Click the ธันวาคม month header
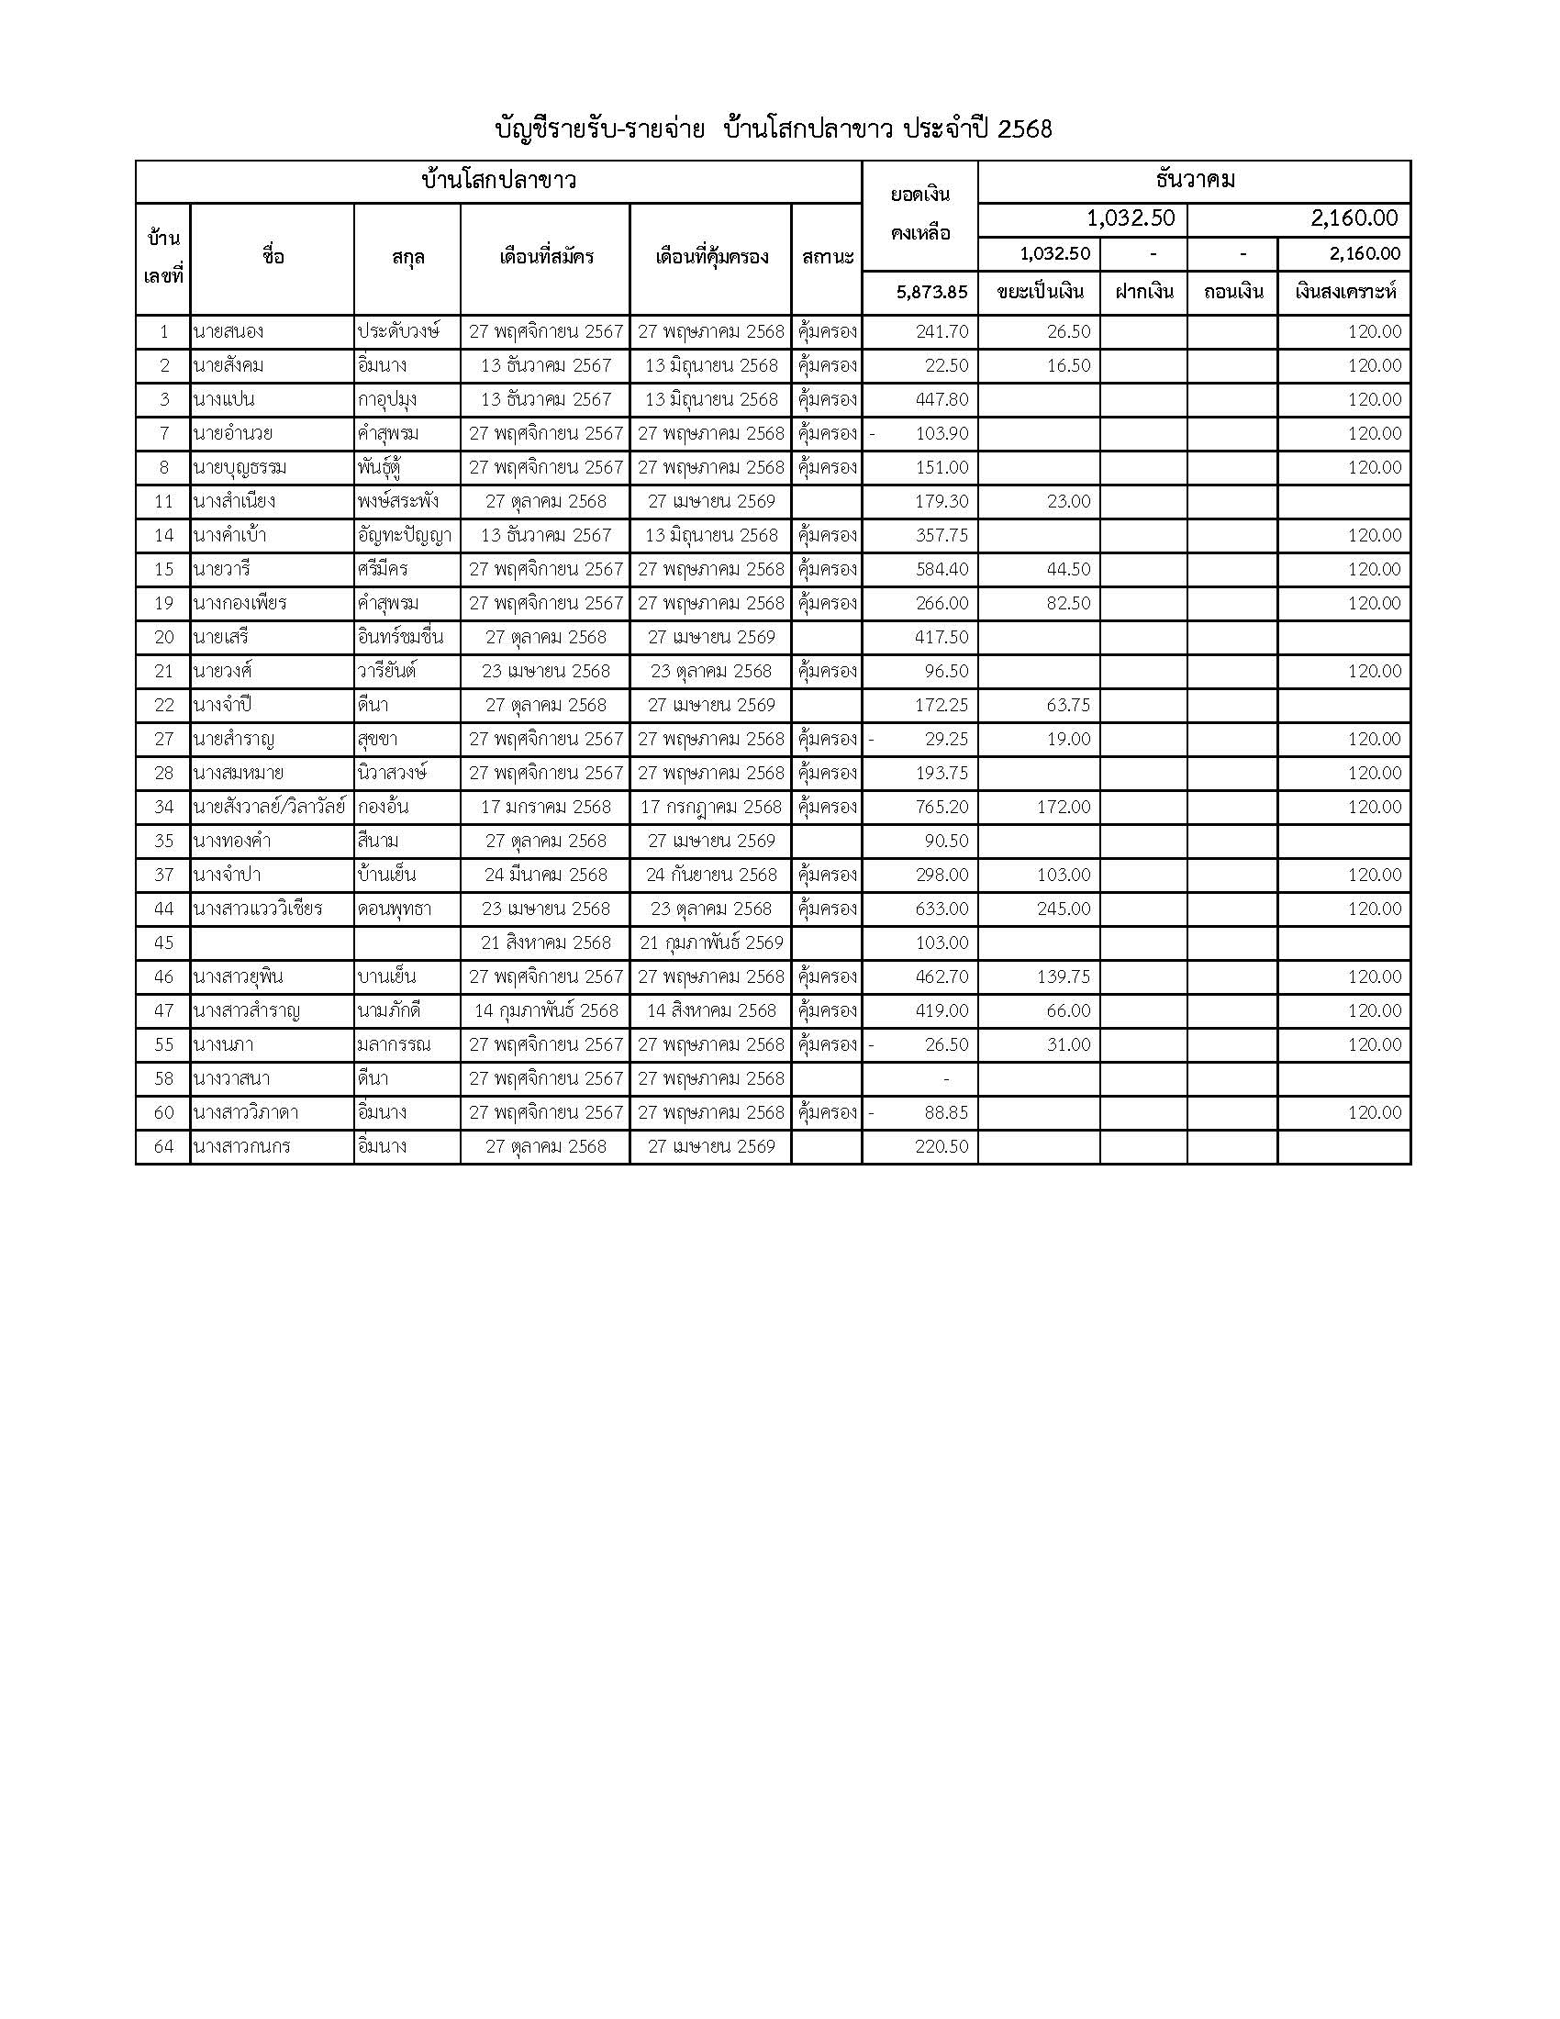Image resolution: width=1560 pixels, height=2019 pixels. [x=1194, y=180]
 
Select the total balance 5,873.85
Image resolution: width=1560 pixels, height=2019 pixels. [x=931, y=292]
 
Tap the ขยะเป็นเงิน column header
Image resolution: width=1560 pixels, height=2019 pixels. [x=1040, y=292]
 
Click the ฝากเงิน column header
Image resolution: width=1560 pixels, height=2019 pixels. [x=1143, y=292]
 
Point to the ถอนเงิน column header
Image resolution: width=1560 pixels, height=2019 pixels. [x=1232, y=292]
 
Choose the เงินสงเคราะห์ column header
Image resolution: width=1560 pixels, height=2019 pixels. [x=1344, y=292]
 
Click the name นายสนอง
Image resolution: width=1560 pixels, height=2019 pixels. [x=225, y=331]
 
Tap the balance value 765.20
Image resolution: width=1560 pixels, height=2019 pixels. [x=942, y=807]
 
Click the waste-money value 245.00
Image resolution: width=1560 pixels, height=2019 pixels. [x=1064, y=909]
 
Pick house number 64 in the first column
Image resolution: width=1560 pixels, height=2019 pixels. [x=163, y=1146]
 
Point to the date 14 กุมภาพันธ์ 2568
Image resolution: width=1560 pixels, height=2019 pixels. [x=545, y=1010]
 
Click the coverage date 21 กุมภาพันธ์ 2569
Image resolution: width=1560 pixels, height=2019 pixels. [x=710, y=943]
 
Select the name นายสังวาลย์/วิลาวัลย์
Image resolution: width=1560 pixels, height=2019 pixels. [x=269, y=807]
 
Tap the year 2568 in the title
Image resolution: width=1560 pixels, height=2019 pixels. [x=1025, y=129]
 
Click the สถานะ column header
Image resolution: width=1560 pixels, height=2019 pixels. [x=827, y=257]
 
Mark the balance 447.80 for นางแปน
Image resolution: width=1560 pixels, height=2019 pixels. [x=942, y=399]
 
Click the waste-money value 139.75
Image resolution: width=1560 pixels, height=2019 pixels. [x=1064, y=976]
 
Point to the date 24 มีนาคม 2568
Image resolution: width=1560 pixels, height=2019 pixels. [x=545, y=875]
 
